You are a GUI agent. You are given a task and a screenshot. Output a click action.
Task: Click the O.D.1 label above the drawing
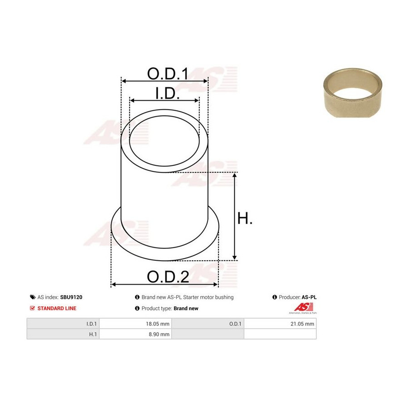click(x=167, y=73)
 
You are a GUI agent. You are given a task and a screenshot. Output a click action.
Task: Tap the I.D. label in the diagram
click(x=167, y=93)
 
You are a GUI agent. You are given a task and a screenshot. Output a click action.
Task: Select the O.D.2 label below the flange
click(x=168, y=277)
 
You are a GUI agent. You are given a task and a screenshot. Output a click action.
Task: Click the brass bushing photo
click(x=353, y=93)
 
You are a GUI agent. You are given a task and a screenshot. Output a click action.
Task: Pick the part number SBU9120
click(x=71, y=297)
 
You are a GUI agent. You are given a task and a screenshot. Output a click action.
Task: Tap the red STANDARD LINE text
click(x=57, y=308)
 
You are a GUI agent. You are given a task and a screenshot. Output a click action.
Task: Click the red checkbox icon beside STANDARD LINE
click(x=32, y=308)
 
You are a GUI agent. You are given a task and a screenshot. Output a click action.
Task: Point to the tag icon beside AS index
click(x=33, y=297)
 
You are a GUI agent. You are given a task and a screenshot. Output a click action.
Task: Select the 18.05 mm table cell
click(x=135, y=324)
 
